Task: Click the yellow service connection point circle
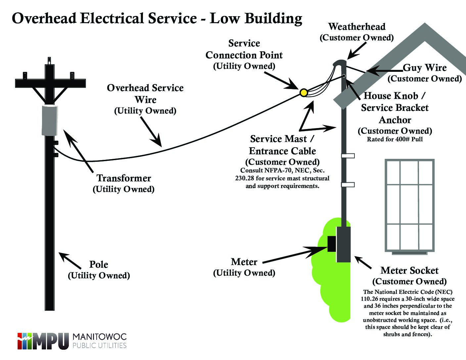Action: pos(303,93)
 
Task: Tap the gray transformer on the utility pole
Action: pos(50,120)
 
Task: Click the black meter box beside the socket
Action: pos(332,244)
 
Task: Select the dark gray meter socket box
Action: pos(344,245)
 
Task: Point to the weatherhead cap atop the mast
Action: pos(339,63)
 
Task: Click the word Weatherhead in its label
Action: pos(357,27)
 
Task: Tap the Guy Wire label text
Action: pos(425,68)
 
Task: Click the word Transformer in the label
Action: pos(124,178)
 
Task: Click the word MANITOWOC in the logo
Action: pos(100,337)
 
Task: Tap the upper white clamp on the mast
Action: pos(348,156)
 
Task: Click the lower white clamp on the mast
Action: pos(348,185)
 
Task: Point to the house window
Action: pos(409,205)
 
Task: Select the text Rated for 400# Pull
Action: pos(395,139)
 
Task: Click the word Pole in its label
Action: pos(99,265)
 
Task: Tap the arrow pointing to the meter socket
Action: pos(363,262)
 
